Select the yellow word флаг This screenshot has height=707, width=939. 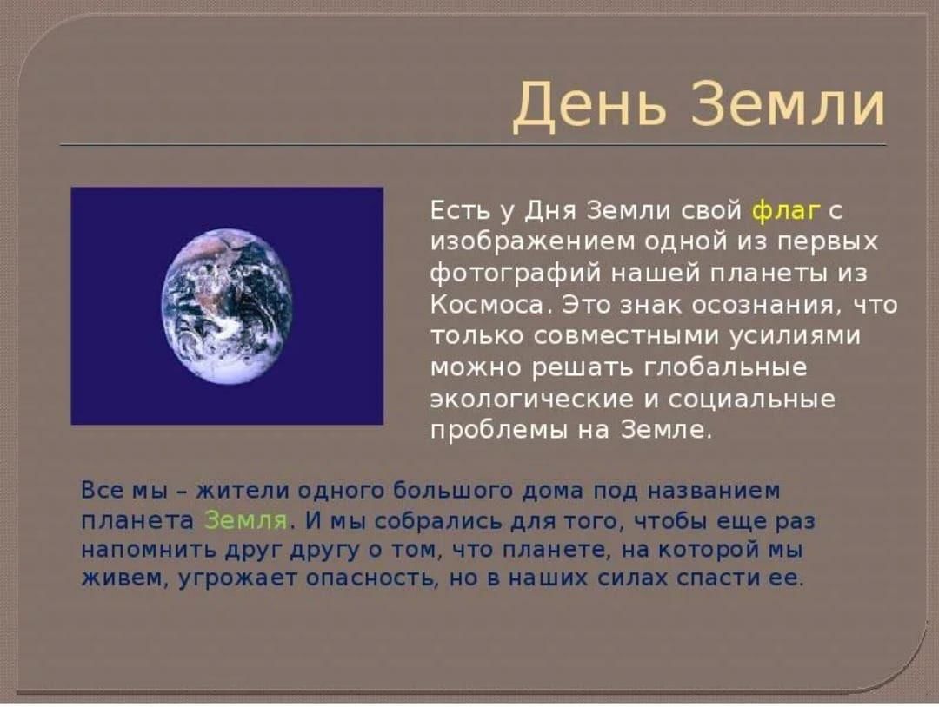point(784,212)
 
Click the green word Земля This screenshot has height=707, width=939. point(245,520)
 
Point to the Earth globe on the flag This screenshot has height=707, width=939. point(227,307)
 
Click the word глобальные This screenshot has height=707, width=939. point(725,367)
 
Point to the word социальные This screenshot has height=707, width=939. point(751,399)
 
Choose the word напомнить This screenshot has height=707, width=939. point(149,550)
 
